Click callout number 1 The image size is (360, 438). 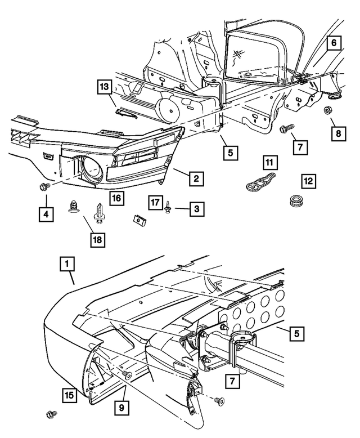[x=67, y=263]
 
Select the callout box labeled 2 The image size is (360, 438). [x=195, y=179]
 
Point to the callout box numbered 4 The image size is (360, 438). [x=47, y=214]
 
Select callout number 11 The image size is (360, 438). [x=271, y=164]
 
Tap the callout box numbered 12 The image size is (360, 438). [x=308, y=181]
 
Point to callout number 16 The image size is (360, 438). [x=116, y=198]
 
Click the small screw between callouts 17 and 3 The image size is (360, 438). [x=168, y=209]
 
